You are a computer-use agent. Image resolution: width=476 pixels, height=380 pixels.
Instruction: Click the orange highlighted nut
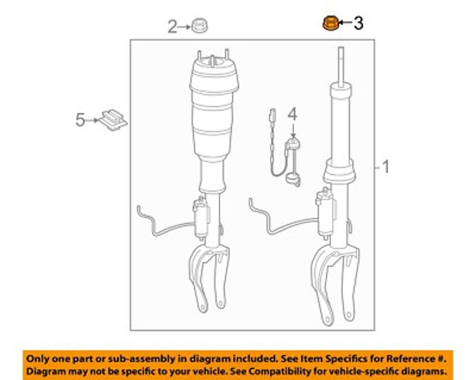330,24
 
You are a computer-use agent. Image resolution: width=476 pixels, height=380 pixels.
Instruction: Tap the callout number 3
358,23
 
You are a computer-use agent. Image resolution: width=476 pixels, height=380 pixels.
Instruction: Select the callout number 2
172,27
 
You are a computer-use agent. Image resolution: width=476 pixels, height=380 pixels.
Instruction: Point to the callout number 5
80,120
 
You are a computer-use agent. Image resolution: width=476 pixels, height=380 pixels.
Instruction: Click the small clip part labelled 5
113,120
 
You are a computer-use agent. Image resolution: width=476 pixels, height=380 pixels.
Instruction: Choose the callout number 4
292,115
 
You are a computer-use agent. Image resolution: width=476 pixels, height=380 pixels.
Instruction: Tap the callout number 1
386,166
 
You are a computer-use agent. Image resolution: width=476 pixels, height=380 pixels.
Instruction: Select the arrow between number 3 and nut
345,22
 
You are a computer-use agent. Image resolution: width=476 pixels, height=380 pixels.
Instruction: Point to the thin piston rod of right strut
341,66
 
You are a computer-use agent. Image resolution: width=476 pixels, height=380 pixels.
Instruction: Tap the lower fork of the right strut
335,285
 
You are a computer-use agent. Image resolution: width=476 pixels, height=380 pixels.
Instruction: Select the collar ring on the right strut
338,172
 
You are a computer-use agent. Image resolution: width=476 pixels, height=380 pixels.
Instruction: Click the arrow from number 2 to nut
185,27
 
